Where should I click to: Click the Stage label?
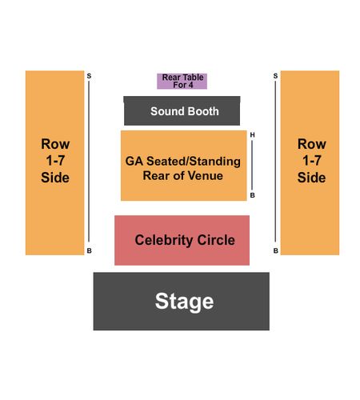click(184, 302)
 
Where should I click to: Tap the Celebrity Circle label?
click(185, 240)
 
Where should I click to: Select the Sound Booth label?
click(185, 111)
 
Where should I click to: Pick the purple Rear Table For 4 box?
click(182, 81)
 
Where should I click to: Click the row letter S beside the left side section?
click(89, 76)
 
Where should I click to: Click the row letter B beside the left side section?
click(90, 250)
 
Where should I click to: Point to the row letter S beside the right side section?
click(275, 76)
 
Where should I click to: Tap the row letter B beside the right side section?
click(276, 250)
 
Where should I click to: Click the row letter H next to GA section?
click(252, 135)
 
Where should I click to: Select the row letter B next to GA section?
click(252, 195)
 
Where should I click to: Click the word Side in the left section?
click(55, 178)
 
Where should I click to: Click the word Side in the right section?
click(311, 178)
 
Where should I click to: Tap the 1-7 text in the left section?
click(55, 161)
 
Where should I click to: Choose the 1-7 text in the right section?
click(312, 161)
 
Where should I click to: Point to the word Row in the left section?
click(55, 144)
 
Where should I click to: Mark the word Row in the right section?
click(312, 144)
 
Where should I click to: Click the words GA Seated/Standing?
click(183, 162)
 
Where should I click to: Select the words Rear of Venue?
click(183, 176)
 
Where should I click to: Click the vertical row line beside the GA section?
click(252, 165)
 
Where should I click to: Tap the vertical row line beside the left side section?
click(89, 162)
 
